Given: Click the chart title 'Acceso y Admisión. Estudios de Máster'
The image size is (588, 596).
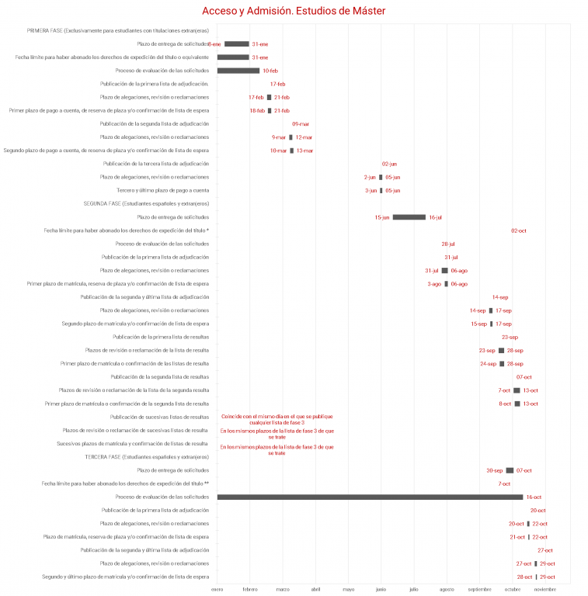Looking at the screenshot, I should [x=294, y=11].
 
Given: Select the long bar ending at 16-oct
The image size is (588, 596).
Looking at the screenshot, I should [x=370, y=497].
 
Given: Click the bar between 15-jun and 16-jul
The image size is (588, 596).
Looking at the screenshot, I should [x=409, y=217].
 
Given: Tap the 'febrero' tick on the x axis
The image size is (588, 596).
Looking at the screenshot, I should [x=250, y=590].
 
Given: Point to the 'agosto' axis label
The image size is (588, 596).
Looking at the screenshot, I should [x=447, y=590].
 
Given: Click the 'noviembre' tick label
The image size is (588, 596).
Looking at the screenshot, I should [x=545, y=590].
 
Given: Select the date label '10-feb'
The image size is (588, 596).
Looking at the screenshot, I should [x=270, y=71].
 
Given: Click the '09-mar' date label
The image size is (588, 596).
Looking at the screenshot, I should [x=301, y=124].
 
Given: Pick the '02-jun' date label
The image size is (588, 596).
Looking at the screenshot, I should [x=389, y=164].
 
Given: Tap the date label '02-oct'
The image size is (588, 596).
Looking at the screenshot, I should [x=519, y=230].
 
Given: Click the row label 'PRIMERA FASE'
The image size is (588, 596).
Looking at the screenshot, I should [x=117, y=31].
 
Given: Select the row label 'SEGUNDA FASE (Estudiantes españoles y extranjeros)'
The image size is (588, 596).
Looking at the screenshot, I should [x=146, y=204].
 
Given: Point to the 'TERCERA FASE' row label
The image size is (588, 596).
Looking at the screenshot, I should [x=147, y=457].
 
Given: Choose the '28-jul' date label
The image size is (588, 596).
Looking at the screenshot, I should [x=448, y=244].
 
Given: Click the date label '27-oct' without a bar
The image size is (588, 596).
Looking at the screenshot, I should [x=545, y=550].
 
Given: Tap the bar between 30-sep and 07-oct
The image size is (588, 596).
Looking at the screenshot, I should [x=510, y=470].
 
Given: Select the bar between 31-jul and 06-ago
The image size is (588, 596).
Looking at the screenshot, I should [x=444, y=271].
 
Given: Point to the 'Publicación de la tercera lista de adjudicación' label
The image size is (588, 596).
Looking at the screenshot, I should [x=156, y=164].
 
